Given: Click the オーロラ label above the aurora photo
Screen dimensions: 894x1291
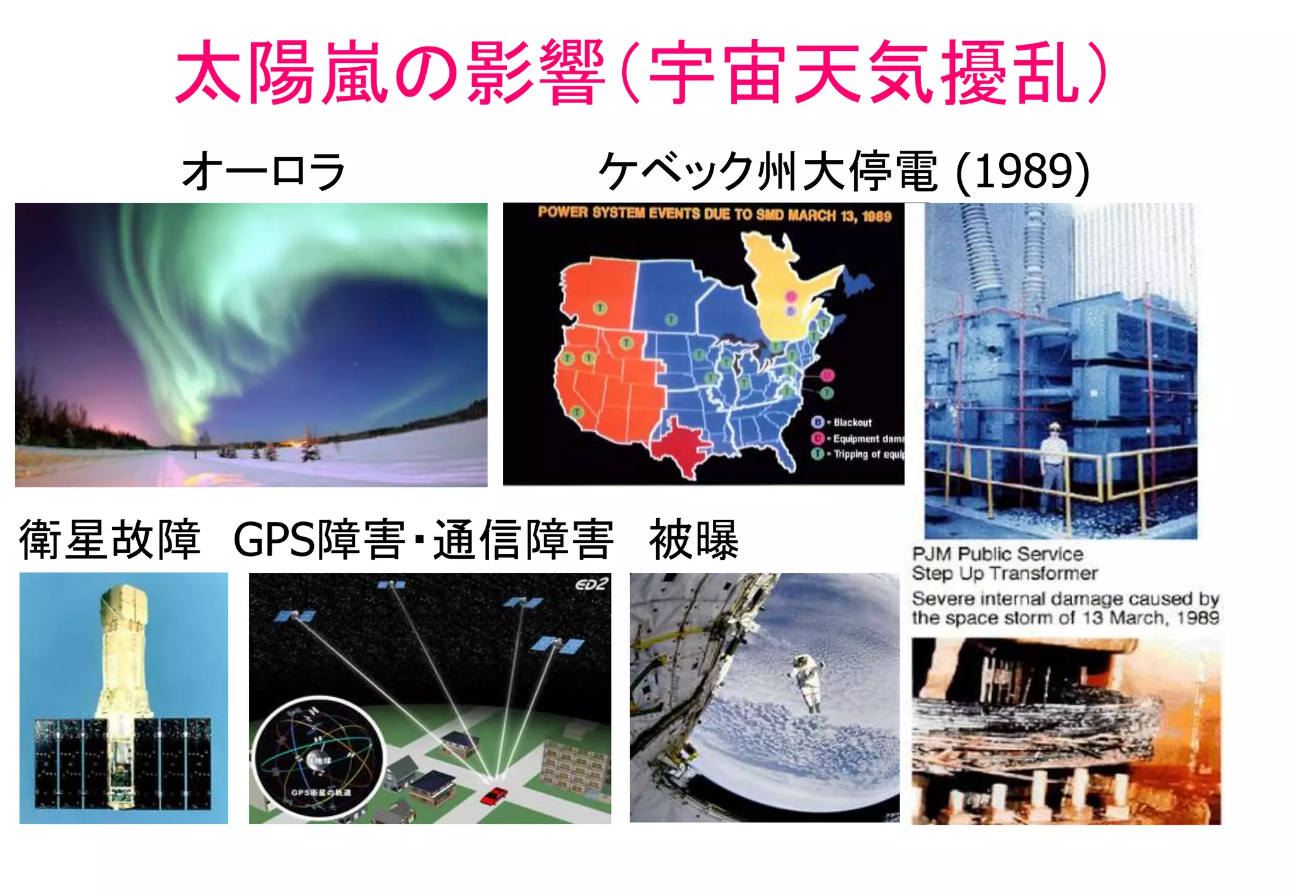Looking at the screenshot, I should tap(263, 171).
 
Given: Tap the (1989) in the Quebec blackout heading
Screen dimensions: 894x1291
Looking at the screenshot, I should tap(1022, 171).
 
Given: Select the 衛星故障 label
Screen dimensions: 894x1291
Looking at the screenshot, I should tap(110, 540).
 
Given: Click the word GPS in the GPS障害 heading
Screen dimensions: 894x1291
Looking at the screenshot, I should tap(273, 540).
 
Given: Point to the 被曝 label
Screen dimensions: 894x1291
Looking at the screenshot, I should tap(693, 540).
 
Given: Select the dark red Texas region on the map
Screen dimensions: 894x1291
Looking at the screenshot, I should tap(681, 444).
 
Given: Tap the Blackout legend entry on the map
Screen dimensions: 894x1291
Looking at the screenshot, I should tap(851, 422).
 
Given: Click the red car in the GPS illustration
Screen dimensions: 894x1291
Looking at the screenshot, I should tap(494, 795).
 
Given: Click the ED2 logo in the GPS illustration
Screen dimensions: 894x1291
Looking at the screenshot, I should tap(591, 584).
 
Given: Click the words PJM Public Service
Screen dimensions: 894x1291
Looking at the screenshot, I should tap(997, 554).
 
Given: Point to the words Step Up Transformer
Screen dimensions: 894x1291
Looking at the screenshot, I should tap(1005, 574).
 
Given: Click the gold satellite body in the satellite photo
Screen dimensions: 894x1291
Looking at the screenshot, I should tap(124, 649).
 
